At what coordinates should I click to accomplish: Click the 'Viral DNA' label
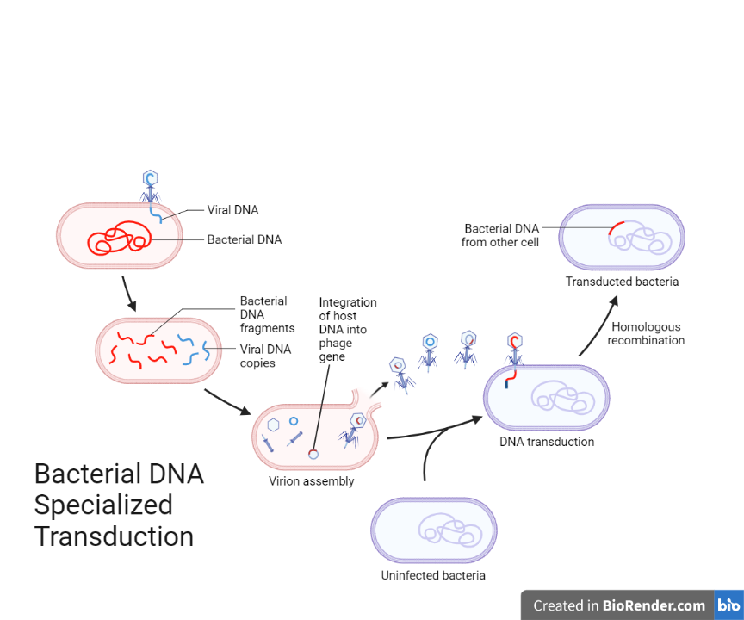[x=232, y=209]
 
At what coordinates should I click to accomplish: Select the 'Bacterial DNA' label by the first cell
[x=244, y=239]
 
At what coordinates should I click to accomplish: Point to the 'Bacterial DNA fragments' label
[x=267, y=314]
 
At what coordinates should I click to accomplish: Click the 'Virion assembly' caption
[x=311, y=481]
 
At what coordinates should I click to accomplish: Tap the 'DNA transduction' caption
[x=547, y=442]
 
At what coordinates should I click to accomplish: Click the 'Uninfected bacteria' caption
[x=433, y=575]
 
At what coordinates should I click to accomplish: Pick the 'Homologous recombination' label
[x=646, y=333]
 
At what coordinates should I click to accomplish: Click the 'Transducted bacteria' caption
[x=622, y=282]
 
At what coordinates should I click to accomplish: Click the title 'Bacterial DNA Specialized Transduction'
[x=119, y=505]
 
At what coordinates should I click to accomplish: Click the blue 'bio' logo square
[x=728, y=605]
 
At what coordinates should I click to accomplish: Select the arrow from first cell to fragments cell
[x=128, y=293]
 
